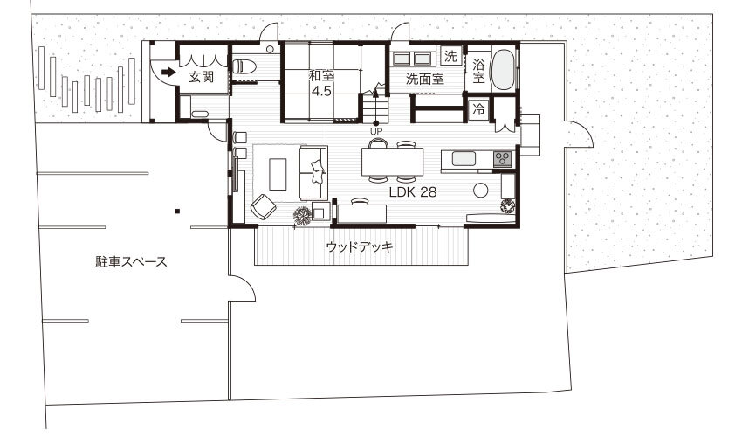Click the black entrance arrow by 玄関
(x=168, y=72)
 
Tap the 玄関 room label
(x=201, y=76)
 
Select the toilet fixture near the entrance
(x=244, y=66)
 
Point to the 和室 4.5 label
(x=322, y=83)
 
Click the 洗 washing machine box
(x=450, y=56)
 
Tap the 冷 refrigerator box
(x=478, y=108)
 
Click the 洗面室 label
(x=424, y=79)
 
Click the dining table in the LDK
(x=392, y=162)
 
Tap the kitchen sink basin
(x=464, y=159)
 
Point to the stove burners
(x=504, y=158)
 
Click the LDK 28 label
(x=413, y=192)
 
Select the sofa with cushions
(x=313, y=172)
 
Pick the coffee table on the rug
(x=278, y=174)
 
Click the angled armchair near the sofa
(x=263, y=207)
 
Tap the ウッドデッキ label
(x=360, y=247)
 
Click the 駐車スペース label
(x=131, y=261)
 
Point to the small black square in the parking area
(x=176, y=211)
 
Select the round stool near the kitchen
(x=480, y=190)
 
